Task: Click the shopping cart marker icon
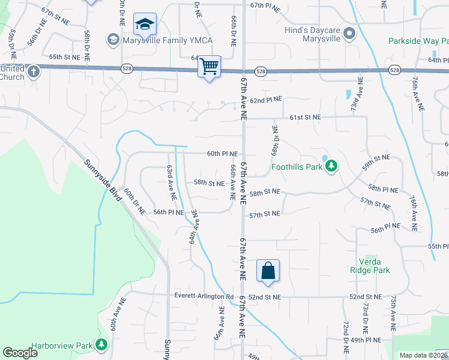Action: (x=209, y=66)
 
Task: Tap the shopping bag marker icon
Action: (x=268, y=270)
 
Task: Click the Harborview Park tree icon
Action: (x=102, y=345)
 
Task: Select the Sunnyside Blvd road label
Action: (x=100, y=175)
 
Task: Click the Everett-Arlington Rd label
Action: (x=203, y=297)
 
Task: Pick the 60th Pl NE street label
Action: (x=222, y=154)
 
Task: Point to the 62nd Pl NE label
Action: (x=265, y=99)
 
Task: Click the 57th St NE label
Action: (x=265, y=214)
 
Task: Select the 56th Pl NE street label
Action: (x=168, y=212)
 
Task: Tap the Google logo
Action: (x=20, y=352)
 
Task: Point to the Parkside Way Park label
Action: (x=418, y=41)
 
